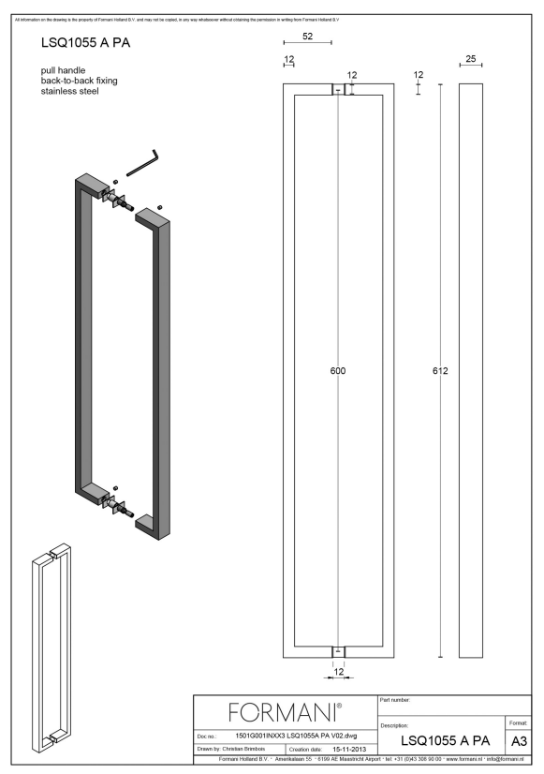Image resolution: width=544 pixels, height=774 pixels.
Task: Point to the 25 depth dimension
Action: [471, 58]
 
